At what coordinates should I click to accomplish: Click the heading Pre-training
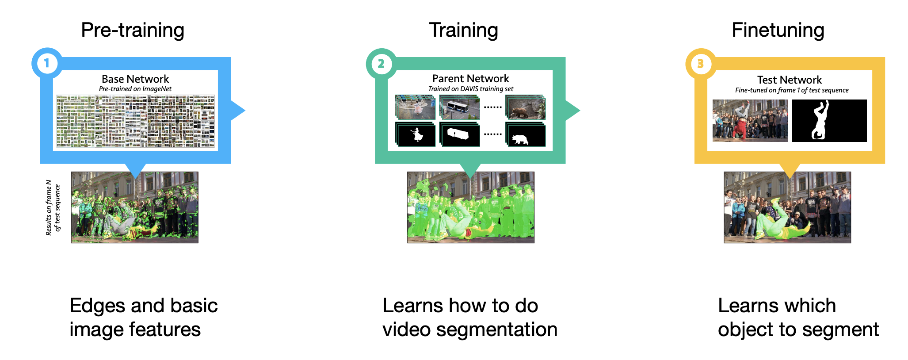(x=133, y=31)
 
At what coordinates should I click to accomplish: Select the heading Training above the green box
(x=464, y=31)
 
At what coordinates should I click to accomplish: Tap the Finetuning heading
(x=778, y=31)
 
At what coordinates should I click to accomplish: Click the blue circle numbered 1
(x=47, y=63)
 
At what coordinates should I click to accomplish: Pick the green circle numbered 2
(x=381, y=64)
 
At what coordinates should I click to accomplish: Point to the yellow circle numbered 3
(x=701, y=64)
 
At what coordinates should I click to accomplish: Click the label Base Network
(x=135, y=79)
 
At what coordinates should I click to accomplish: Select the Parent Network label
(x=471, y=78)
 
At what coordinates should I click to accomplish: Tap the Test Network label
(x=790, y=80)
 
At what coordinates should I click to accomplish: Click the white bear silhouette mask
(x=521, y=140)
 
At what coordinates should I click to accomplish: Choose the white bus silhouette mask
(x=458, y=134)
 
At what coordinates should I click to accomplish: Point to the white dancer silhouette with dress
(x=417, y=134)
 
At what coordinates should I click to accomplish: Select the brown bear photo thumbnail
(x=525, y=107)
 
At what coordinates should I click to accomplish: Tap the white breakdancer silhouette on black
(x=820, y=120)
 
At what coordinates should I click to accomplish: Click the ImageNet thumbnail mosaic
(x=135, y=121)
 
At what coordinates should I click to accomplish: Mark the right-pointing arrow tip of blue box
(x=245, y=110)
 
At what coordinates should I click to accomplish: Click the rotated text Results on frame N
(x=49, y=207)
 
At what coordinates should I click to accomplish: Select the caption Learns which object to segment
(x=798, y=318)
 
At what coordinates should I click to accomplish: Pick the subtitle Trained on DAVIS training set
(x=471, y=89)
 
